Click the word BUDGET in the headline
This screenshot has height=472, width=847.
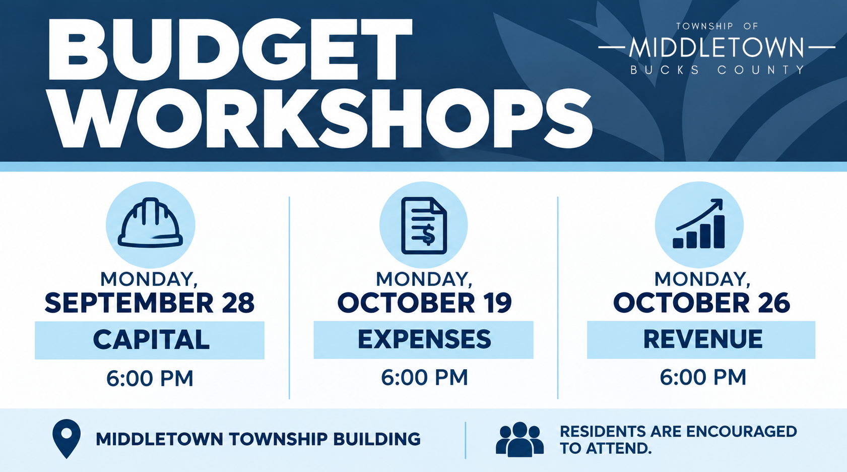tap(230, 49)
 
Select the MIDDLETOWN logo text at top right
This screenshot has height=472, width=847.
tap(716, 47)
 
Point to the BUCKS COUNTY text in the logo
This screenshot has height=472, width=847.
tap(718, 70)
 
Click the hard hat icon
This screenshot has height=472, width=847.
tap(150, 222)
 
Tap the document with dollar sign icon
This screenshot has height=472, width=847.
tap(424, 225)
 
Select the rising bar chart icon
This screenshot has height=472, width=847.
tap(699, 223)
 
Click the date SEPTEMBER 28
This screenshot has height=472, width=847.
tap(149, 303)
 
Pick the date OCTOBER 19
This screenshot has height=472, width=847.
tap(424, 303)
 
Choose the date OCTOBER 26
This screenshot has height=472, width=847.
tap(701, 303)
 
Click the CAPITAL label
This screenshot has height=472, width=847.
tap(151, 339)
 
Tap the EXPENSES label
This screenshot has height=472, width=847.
tap(424, 339)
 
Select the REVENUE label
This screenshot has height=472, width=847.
tap(702, 339)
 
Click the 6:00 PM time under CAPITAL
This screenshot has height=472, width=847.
tap(150, 378)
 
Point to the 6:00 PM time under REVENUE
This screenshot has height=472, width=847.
tap(703, 377)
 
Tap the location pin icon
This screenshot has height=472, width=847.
tap(67, 438)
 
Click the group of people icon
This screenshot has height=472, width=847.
tap(519, 439)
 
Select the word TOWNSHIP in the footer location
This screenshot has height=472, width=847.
tap(278, 439)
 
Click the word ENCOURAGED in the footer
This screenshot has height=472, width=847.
tap(742, 432)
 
